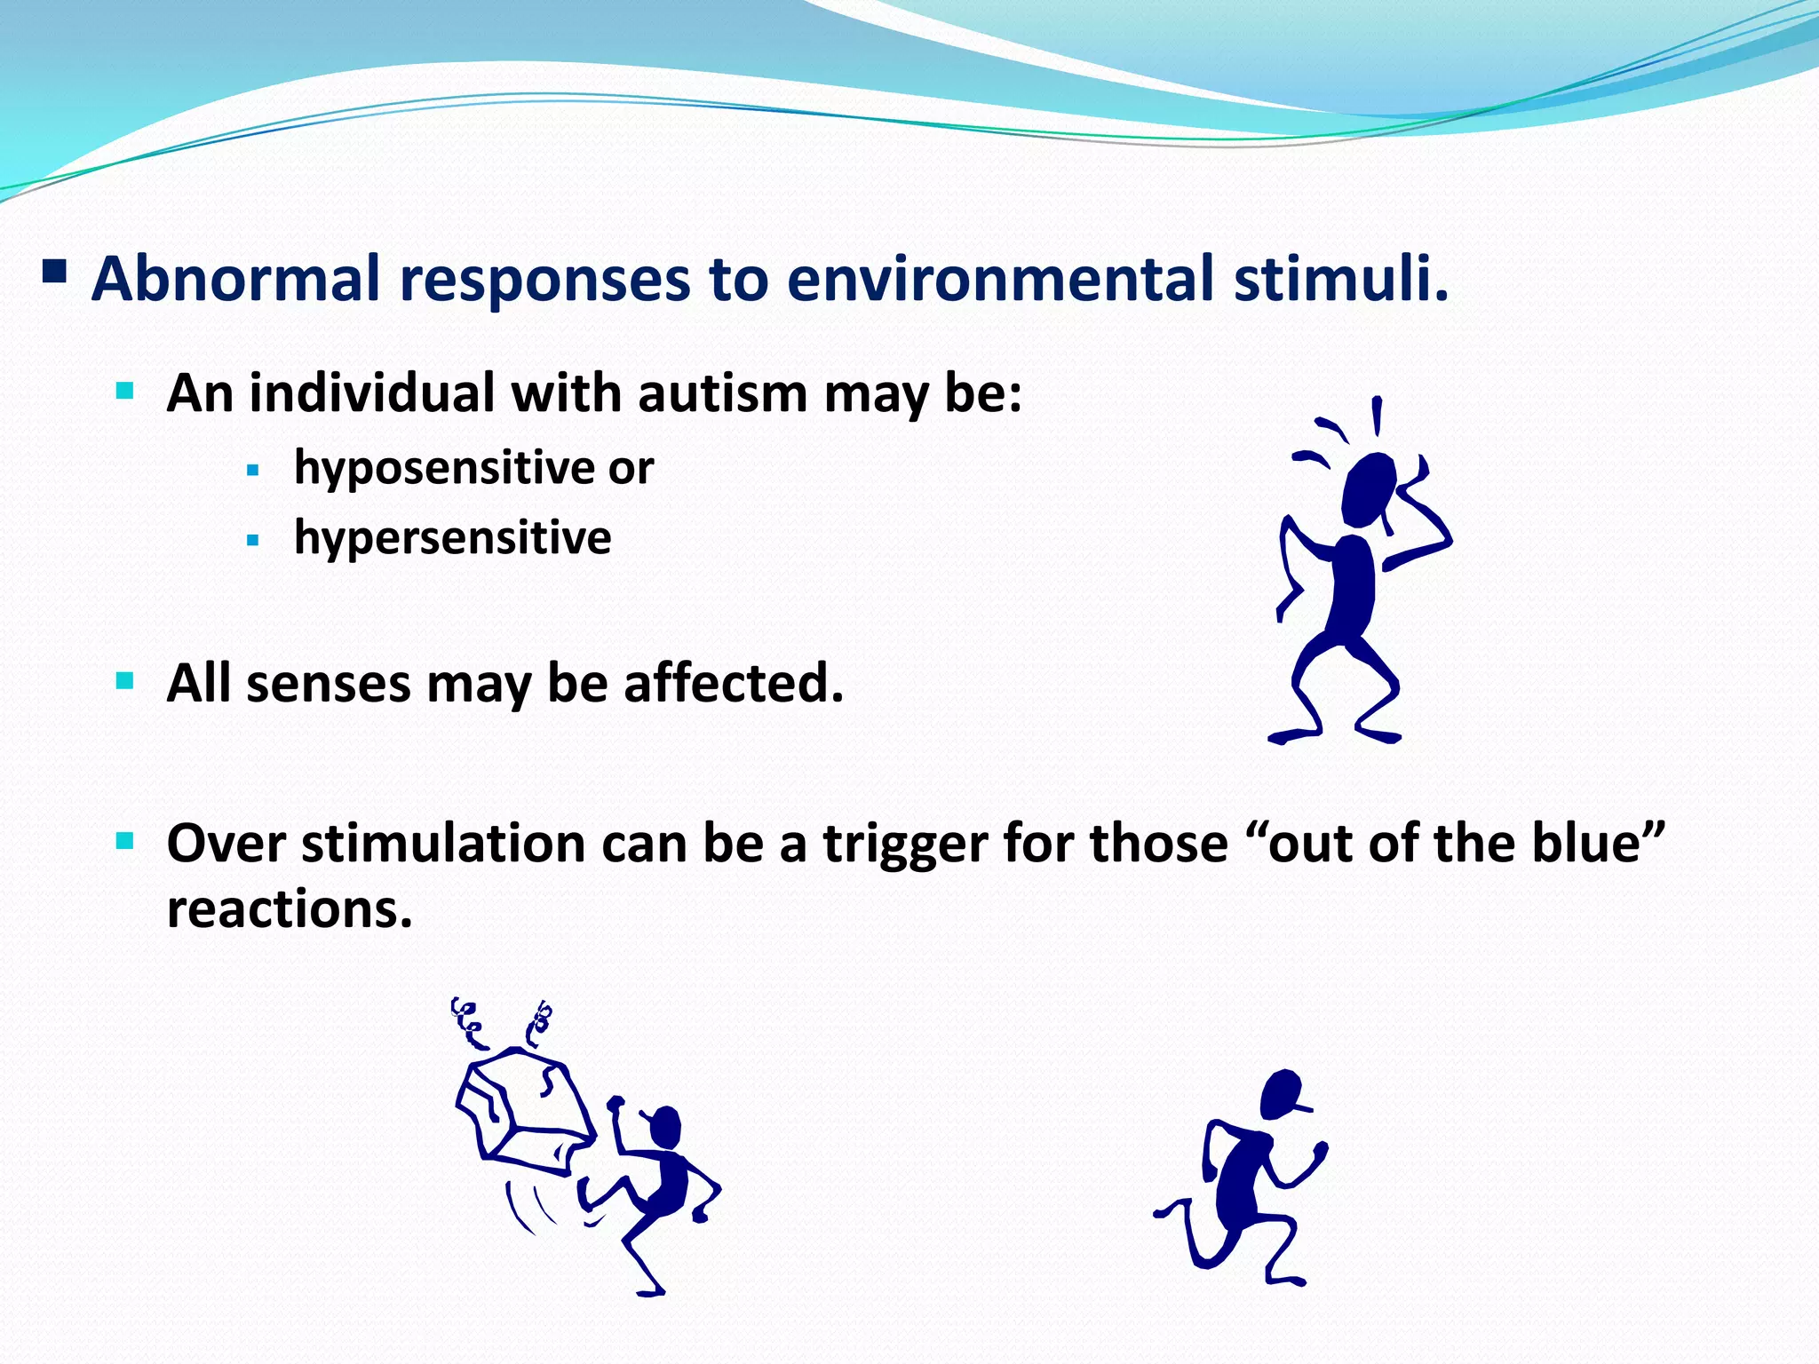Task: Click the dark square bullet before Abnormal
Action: (55, 270)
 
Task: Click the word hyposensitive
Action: (443, 468)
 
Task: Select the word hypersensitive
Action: (452, 538)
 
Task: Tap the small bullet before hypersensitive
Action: (253, 540)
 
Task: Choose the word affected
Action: (733, 684)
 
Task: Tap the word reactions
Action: (290, 909)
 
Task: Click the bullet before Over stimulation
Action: (125, 840)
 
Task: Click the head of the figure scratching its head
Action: (1368, 488)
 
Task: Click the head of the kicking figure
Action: (666, 1126)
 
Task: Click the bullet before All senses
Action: (125, 681)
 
